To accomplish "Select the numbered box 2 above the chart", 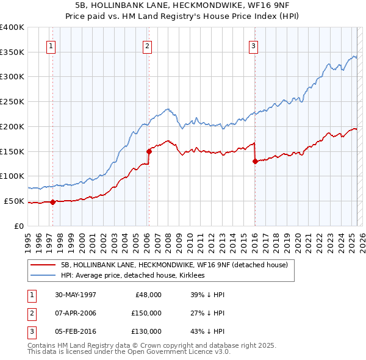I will pyautogui.click(x=148, y=45).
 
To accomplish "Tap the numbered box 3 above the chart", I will pyautogui.click(x=253, y=45).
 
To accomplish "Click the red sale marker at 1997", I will pyautogui.click(x=53, y=202).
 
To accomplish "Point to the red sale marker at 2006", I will pyautogui.click(x=148, y=151).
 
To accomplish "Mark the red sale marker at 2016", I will pyautogui.click(x=254, y=161).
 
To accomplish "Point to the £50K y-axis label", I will pyautogui.click(x=14, y=201).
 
